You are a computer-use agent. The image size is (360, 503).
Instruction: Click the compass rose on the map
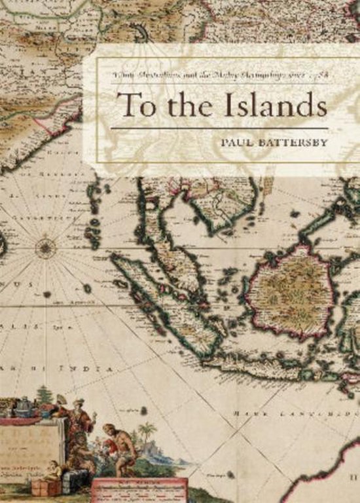[45, 247]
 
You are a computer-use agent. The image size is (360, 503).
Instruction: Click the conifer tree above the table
[45, 395]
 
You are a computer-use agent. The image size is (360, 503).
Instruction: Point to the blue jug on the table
[25, 408]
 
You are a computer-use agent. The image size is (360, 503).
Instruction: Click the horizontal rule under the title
[219, 128]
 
